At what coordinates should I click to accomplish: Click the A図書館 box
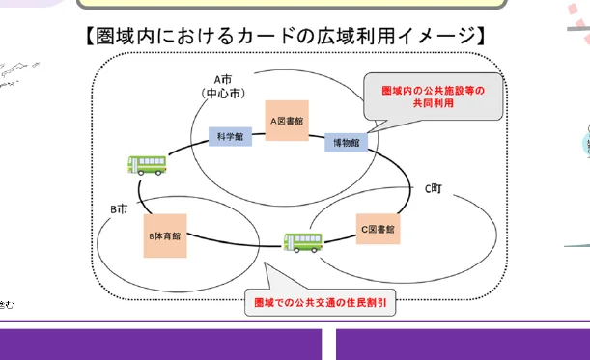[287, 121]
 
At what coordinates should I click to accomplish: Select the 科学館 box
[231, 137]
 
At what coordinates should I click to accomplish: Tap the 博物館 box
[346, 142]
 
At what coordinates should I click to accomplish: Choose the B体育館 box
[165, 235]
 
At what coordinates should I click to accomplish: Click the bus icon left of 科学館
[146, 165]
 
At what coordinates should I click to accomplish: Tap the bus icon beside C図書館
[301, 242]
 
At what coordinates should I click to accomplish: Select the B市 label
[118, 208]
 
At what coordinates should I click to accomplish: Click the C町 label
[436, 189]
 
